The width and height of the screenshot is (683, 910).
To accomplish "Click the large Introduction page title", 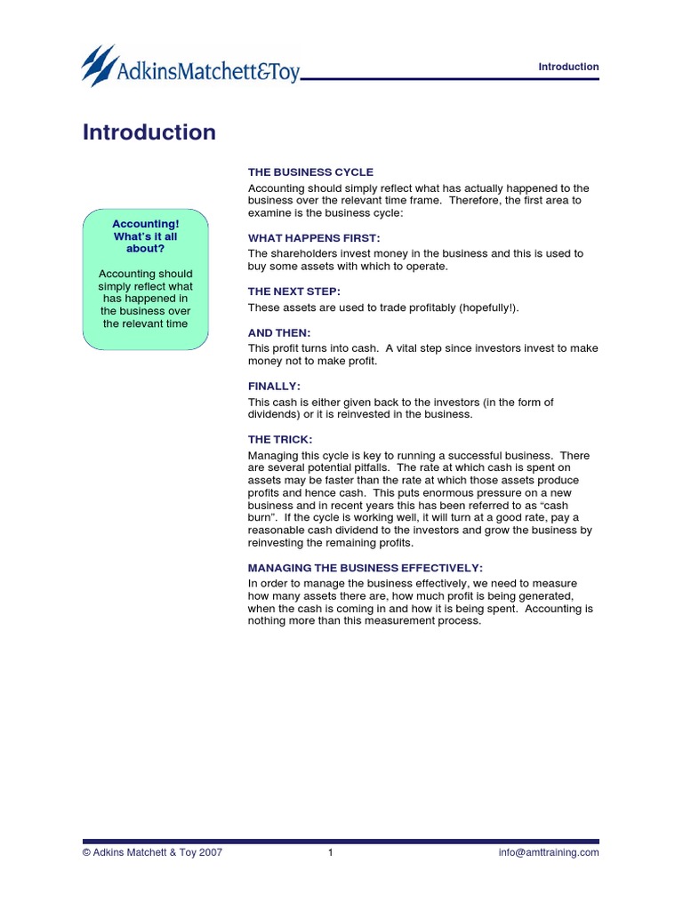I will [149, 132].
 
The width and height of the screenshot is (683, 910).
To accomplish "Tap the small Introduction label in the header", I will [569, 67].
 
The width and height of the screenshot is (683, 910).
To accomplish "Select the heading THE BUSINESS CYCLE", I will [310, 172].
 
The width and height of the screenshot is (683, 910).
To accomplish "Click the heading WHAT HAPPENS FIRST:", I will [314, 238].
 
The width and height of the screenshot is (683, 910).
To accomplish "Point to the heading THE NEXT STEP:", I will [294, 291].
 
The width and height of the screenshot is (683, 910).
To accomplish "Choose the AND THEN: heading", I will [279, 332].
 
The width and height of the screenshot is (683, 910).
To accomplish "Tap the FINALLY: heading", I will [274, 386].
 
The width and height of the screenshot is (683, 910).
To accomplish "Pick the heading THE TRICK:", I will [280, 439].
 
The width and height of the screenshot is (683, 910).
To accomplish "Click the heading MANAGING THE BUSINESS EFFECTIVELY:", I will [366, 567].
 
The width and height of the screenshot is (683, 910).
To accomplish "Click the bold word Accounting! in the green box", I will [146, 224].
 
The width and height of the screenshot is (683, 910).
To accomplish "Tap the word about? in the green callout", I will [146, 249].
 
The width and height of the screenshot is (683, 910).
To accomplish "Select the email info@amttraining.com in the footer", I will [549, 852].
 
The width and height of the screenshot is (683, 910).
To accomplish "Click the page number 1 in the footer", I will [330, 852].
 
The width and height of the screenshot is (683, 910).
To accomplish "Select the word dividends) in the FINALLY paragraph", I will [275, 414].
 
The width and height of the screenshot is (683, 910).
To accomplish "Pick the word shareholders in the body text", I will [302, 253].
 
